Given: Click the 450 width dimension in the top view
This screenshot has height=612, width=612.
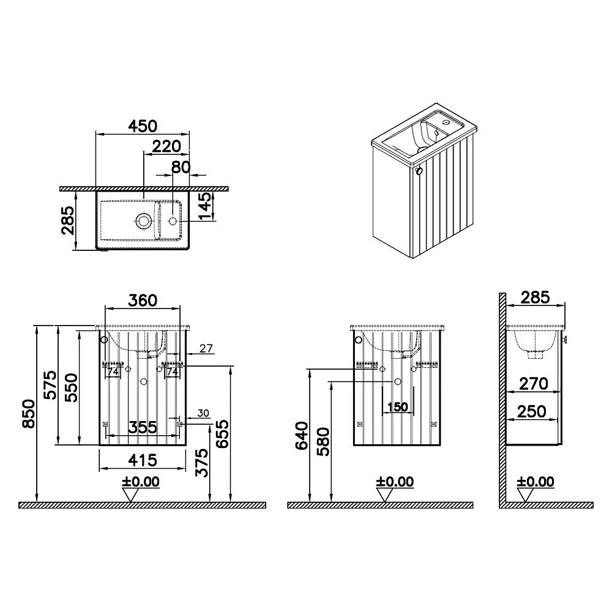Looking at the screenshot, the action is coord(143,125).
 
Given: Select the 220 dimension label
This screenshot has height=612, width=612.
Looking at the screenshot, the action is coord(166,146).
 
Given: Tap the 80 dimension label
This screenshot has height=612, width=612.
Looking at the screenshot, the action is coord(181,167).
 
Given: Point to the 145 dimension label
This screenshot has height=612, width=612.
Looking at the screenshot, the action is coord(206,206).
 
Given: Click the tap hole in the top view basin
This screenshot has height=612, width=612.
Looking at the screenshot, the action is coord(173,221).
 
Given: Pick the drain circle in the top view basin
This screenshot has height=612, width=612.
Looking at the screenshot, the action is coord(143,221).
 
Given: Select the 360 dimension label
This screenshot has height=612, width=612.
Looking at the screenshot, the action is coord(143,300).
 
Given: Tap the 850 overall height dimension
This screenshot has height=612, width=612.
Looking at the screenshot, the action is coord(28,413).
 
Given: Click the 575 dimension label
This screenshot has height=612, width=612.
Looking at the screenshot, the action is coord(50,385).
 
